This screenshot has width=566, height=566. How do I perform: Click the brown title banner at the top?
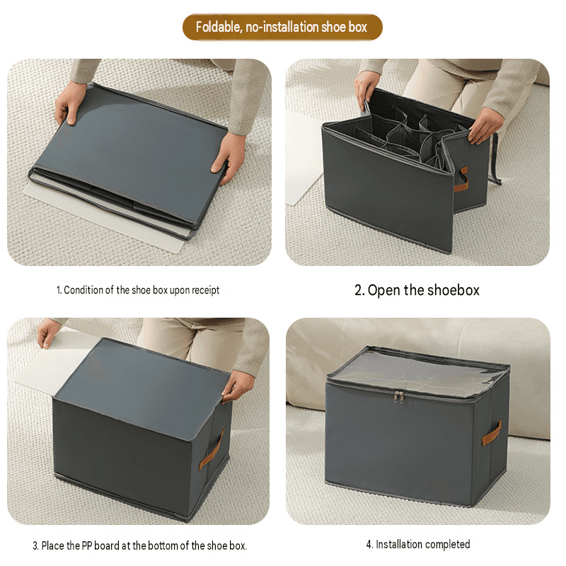(x=282, y=27)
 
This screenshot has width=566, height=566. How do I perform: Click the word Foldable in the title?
(x=219, y=27)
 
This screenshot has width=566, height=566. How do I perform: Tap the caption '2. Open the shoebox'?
(x=417, y=290)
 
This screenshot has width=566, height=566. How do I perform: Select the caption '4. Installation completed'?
(x=418, y=544)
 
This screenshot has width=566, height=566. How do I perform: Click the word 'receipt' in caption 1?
(x=205, y=291)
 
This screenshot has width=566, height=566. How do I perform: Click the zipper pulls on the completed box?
(x=398, y=396)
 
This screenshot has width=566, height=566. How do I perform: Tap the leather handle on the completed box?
(x=492, y=434)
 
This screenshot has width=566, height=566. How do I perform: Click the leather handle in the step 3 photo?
(x=212, y=449)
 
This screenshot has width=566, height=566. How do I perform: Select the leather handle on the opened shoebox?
(x=461, y=179)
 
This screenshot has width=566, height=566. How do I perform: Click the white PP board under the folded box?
(x=105, y=216)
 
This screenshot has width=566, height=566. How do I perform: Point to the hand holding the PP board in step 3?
(x=48, y=333)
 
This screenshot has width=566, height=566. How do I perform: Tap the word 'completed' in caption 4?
(x=446, y=544)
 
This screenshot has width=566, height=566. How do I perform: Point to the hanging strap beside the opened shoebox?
(x=496, y=158)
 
